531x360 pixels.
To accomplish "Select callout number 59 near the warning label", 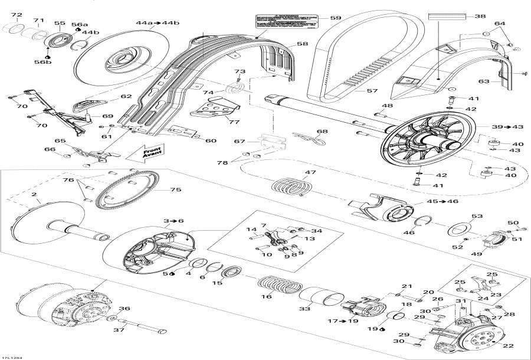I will (x=336, y=18).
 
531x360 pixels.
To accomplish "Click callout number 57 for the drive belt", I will (x=372, y=91).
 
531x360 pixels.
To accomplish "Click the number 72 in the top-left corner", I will (x=17, y=15).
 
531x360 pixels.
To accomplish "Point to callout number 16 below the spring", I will (x=267, y=297).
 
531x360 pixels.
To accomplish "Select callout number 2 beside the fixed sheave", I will (x=34, y=194).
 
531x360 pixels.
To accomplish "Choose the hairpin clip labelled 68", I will (x=313, y=140).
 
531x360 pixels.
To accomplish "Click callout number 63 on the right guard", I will (x=484, y=81).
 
